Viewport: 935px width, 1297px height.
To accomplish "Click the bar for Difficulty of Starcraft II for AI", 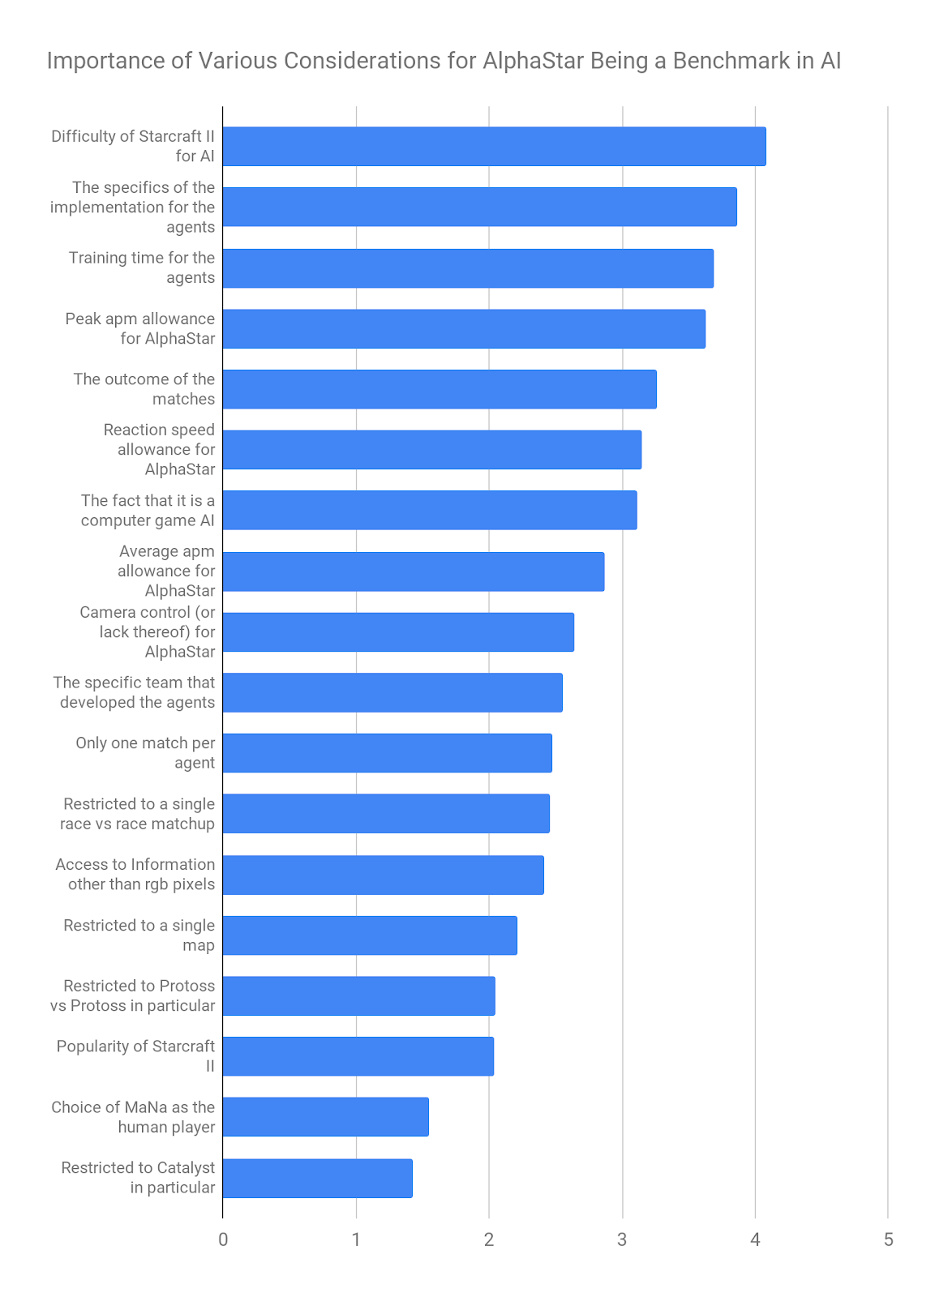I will click(x=494, y=147).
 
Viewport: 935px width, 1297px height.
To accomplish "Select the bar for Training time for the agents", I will click(x=468, y=268).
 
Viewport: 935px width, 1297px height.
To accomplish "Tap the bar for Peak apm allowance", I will click(x=464, y=329).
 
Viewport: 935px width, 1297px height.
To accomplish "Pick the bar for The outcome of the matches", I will click(x=440, y=389).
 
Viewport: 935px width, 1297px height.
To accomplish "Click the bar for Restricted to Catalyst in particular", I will click(x=317, y=1178).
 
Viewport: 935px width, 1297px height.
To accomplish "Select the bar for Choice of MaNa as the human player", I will click(x=325, y=1117).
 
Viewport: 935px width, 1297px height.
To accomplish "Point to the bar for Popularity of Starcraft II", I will click(x=358, y=1056).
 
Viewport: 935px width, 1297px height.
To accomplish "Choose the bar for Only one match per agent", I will click(x=387, y=753).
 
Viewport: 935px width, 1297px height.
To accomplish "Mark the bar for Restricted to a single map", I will click(x=370, y=935).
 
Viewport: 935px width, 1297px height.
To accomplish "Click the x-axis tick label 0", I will click(x=223, y=1239).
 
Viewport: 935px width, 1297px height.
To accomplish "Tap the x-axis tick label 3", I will click(x=622, y=1239).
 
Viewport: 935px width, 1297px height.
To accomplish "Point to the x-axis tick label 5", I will click(x=888, y=1239).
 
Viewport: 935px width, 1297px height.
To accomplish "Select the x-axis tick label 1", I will click(x=356, y=1239).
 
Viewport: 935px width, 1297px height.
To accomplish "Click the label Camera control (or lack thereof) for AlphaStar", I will click(x=148, y=632).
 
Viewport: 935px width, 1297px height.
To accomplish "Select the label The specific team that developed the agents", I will click(x=135, y=692).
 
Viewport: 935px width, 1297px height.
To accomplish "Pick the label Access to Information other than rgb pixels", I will click(x=135, y=875).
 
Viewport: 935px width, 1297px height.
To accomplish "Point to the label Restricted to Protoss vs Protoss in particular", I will click(x=133, y=995).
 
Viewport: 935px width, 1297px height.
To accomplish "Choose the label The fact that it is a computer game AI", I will click(x=148, y=511).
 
